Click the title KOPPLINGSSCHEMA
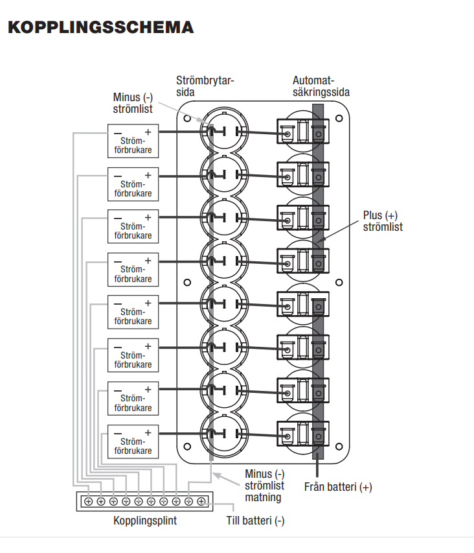[100, 28]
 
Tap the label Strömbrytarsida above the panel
[205, 86]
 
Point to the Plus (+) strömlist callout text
[383, 221]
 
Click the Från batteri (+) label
[338, 487]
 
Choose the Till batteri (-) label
[255, 521]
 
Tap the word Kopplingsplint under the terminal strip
[145, 521]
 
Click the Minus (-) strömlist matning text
[264, 486]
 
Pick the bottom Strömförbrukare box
[133, 441]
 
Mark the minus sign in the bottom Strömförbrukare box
[117, 432]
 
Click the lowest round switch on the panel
[224, 433]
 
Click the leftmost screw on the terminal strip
[87, 501]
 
